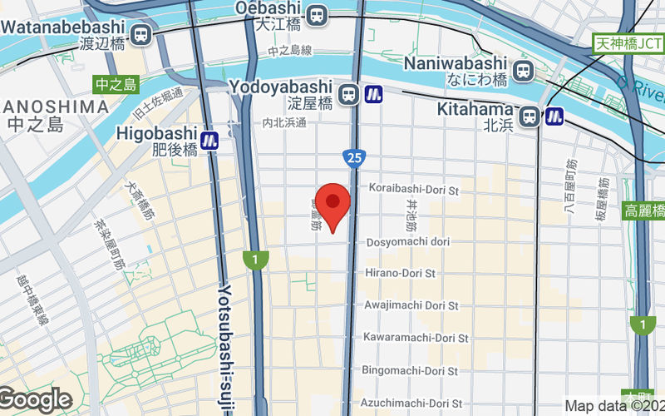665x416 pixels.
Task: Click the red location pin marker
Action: pyautogui.click(x=333, y=203)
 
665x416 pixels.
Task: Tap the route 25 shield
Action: pyautogui.click(x=353, y=156)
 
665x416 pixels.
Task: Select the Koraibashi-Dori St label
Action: pyautogui.click(x=414, y=190)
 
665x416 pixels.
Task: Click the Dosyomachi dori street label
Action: pyautogui.click(x=408, y=242)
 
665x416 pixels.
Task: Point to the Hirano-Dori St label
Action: pyautogui.click(x=401, y=273)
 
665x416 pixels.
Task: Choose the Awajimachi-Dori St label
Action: pyautogui.click(x=411, y=305)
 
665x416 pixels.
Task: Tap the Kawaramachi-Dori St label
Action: pyautogui.click(x=416, y=338)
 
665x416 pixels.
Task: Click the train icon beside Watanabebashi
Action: pyautogui.click(x=141, y=34)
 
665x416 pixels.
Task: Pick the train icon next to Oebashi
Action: pyautogui.click(x=316, y=15)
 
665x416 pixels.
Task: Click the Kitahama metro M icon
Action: pyautogui.click(x=554, y=117)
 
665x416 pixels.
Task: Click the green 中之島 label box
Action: pyautogui.click(x=116, y=84)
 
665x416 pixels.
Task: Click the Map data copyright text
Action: pyautogui.click(x=614, y=406)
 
